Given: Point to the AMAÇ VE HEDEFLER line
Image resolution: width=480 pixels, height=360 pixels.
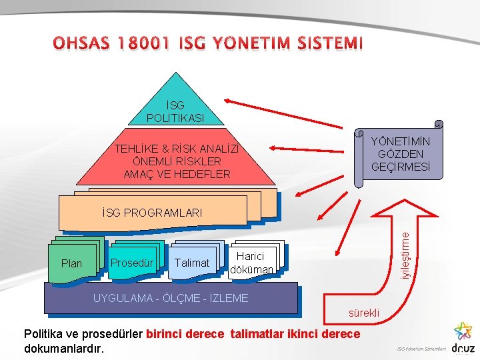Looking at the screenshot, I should pos(177,174).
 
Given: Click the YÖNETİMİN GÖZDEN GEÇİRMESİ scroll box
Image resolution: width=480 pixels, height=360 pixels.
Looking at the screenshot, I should pos(400,154).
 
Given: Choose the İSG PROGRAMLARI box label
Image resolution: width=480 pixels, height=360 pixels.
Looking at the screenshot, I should pos(153,213).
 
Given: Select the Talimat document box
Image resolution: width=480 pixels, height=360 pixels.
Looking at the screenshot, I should pos(191,263).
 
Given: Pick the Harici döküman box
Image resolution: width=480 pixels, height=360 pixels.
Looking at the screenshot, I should pos(251,263).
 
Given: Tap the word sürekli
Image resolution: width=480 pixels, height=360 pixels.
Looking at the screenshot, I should pos(364,312).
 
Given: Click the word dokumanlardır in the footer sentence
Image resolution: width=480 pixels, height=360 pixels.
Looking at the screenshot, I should pos(64,348).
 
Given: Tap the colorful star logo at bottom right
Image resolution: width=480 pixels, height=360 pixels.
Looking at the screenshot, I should pos(461,331).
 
